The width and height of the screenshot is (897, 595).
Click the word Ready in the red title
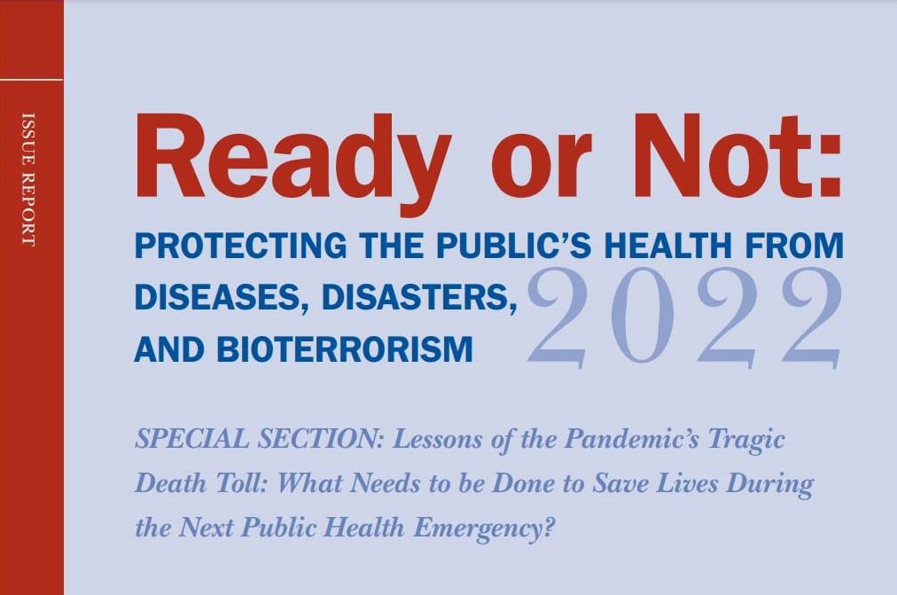[290, 162]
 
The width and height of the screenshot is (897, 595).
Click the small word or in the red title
[540, 168]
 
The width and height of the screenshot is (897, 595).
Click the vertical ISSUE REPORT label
[28, 179]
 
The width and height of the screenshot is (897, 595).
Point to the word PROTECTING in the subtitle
[241, 245]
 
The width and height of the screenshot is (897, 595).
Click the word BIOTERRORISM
[345, 349]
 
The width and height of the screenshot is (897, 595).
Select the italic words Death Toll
[203, 483]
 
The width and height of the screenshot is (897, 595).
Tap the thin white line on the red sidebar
[31, 80]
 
